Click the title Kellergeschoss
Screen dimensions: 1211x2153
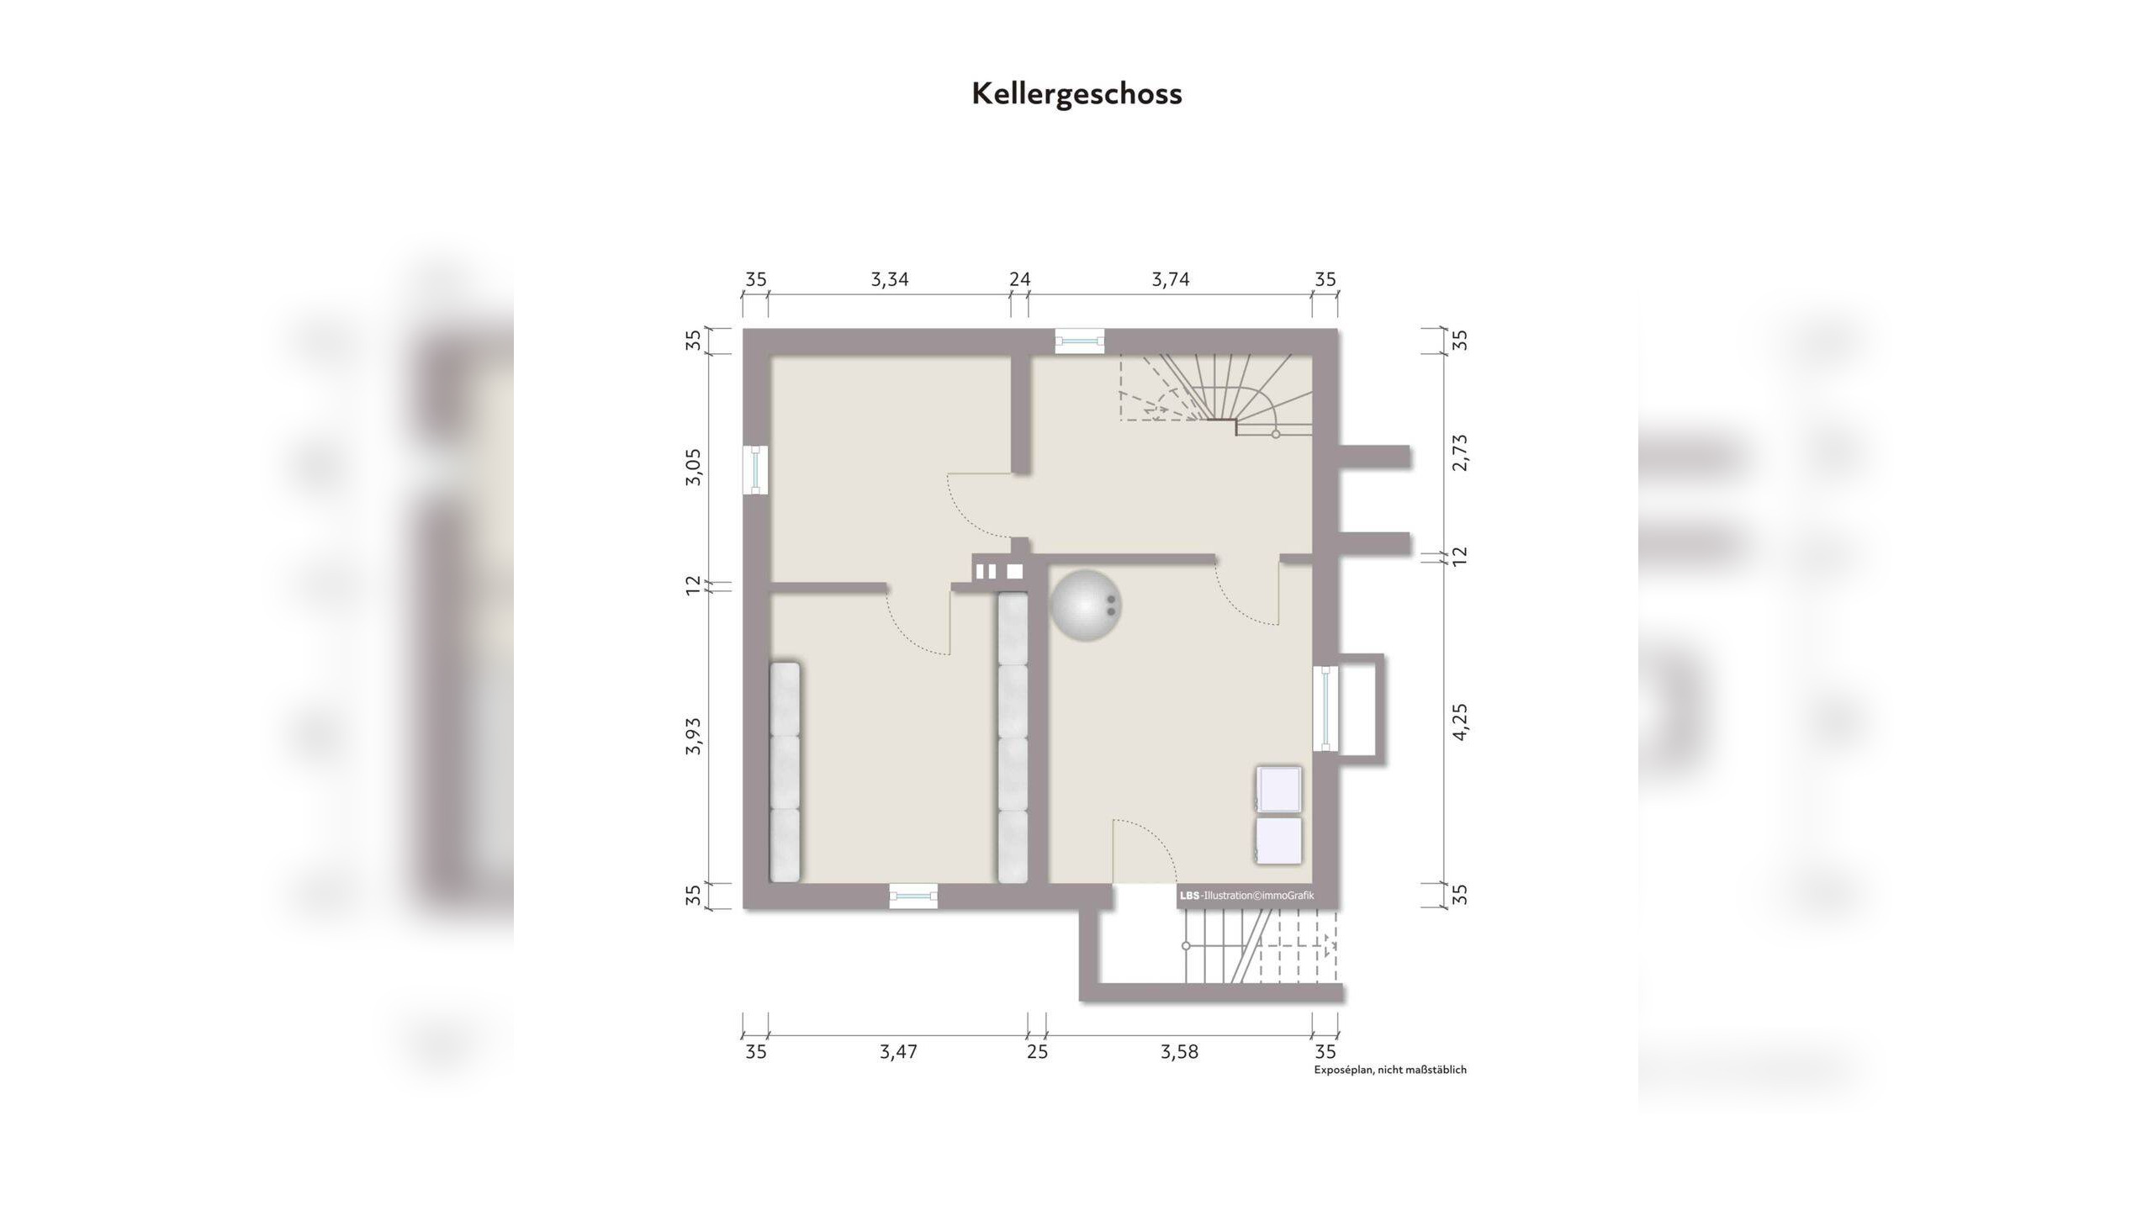pyautogui.click(x=1076, y=93)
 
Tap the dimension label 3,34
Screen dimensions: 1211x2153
pyautogui.click(x=889, y=279)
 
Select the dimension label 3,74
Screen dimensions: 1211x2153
pyautogui.click(x=1170, y=279)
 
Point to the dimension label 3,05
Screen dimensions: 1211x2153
pyautogui.click(x=693, y=467)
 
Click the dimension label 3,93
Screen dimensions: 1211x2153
pyautogui.click(x=693, y=736)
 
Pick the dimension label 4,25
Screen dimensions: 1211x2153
pyautogui.click(x=1460, y=722)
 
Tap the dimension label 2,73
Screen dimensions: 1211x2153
pyautogui.click(x=1460, y=452)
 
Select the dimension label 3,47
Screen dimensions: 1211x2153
pyautogui.click(x=898, y=1052)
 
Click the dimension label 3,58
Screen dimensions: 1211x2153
pyautogui.click(x=1179, y=1052)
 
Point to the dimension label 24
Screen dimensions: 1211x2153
pyautogui.click(x=1019, y=279)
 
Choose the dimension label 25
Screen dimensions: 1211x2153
pyautogui.click(x=1038, y=1052)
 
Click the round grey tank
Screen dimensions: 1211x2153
pyautogui.click(x=1086, y=605)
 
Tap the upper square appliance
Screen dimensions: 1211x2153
pyautogui.click(x=1278, y=790)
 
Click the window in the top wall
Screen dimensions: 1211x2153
pyautogui.click(x=1080, y=341)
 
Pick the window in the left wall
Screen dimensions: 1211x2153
pyautogui.click(x=756, y=469)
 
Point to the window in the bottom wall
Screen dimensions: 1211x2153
pyautogui.click(x=913, y=896)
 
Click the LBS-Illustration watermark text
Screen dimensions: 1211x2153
pyautogui.click(x=1246, y=896)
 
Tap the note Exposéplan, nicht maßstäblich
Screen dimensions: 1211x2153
pyautogui.click(x=1390, y=1070)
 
